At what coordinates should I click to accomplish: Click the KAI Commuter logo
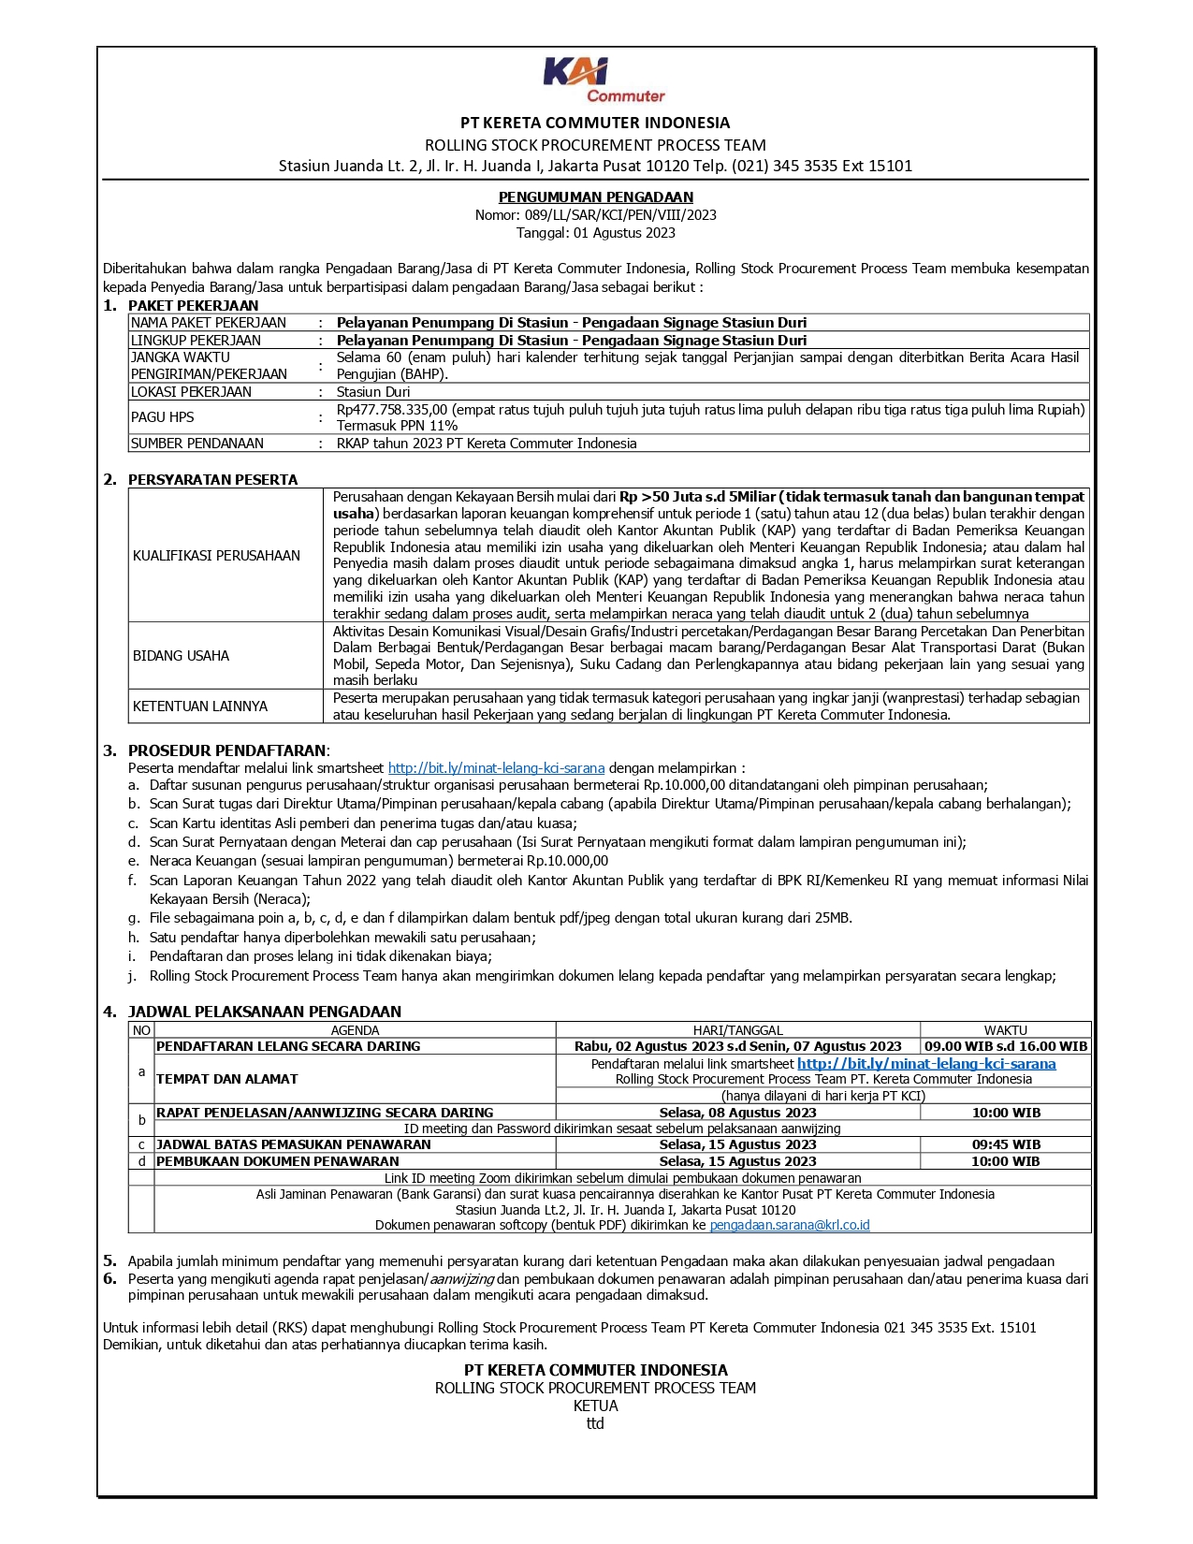pyautogui.click(x=595, y=80)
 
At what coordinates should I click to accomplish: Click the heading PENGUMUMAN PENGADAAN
pyautogui.click(x=595, y=197)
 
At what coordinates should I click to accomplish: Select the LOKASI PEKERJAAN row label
pyautogui.click(x=191, y=392)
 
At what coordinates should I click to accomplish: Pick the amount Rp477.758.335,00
pyautogui.click(x=392, y=409)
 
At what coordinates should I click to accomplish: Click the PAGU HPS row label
pyautogui.click(x=163, y=417)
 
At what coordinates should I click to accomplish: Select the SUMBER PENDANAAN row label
pyautogui.click(x=197, y=444)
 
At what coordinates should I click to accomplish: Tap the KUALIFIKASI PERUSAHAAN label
pyautogui.click(x=216, y=556)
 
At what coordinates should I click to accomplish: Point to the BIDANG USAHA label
pyautogui.click(x=181, y=656)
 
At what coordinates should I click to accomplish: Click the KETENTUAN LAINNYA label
pyautogui.click(x=200, y=706)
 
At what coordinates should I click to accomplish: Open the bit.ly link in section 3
pyautogui.click(x=496, y=768)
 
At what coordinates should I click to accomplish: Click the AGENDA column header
pyautogui.click(x=356, y=1030)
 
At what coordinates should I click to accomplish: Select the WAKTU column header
pyautogui.click(x=1005, y=1030)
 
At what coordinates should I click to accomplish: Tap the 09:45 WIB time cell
pyautogui.click(x=1005, y=1144)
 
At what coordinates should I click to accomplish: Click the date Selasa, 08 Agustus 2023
pyautogui.click(x=737, y=1113)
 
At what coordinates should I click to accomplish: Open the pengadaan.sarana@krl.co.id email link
pyautogui.click(x=790, y=1225)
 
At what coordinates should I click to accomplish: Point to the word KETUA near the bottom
pyautogui.click(x=595, y=1406)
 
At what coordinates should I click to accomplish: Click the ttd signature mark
pyautogui.click(x=595, y=1423)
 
